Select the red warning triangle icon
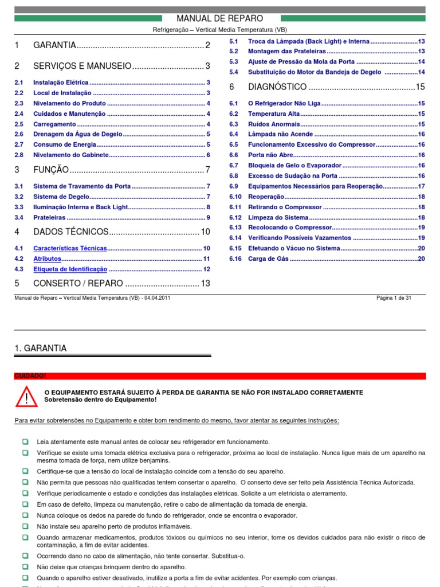(26, 396)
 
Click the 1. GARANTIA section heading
(40, 348)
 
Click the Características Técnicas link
(70, 248)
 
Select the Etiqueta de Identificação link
(70, 269)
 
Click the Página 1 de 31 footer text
(393, 298)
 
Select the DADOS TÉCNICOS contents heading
(70, 232)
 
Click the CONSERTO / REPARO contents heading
(78, 283)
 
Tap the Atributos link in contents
(47, 259)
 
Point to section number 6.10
(235, 197)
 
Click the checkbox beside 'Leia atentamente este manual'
(26, 441)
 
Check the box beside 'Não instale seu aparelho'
(26, 526)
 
